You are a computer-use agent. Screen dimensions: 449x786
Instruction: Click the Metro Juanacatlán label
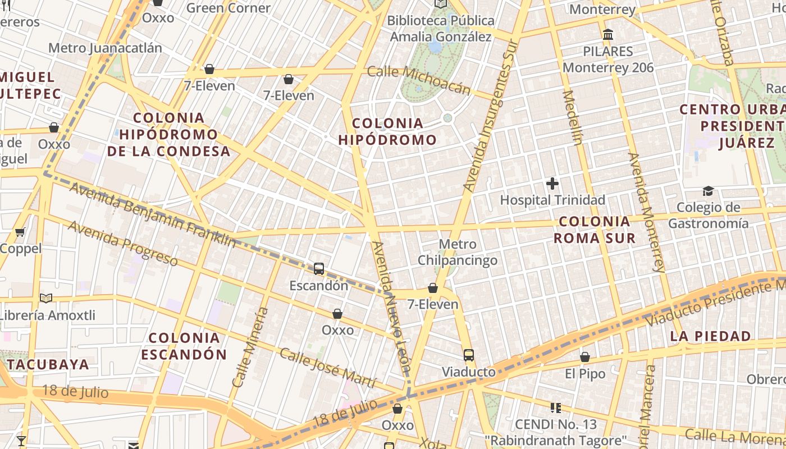[105, 48]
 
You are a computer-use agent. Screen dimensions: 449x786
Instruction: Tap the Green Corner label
[228, 8]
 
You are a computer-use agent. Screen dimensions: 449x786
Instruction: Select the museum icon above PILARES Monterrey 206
[607, 35]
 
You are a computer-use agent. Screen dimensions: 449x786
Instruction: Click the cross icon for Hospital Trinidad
[552, 184]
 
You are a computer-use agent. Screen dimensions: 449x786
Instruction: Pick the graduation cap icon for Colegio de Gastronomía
[708, 191]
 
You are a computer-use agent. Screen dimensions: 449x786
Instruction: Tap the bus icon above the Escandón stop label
[319, 269]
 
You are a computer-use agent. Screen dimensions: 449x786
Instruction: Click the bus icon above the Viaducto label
[469, 355]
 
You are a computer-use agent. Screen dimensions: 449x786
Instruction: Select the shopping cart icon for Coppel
[20, 232]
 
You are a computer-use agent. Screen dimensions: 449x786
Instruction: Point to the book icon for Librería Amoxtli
[46, 298]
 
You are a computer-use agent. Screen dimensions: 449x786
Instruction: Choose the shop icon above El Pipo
[585, 357]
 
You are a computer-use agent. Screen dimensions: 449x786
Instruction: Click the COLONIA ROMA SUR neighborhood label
[595, 230]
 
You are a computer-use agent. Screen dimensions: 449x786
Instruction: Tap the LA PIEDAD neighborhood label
[710, 336]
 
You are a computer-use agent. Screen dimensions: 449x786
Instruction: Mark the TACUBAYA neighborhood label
[49, 364]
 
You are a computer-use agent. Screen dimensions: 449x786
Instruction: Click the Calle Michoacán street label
[419, 80]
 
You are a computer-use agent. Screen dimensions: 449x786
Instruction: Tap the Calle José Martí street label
[327, 368]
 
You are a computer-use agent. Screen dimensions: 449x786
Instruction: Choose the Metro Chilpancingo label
[458, 252]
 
